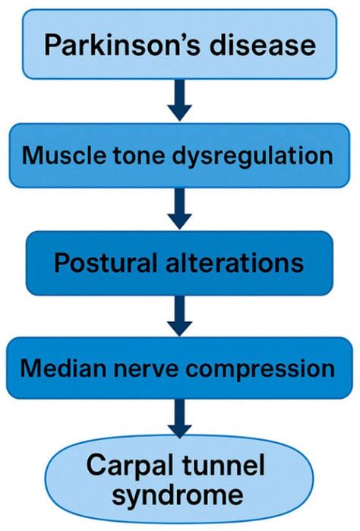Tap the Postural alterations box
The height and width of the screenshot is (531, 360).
click(179, 263)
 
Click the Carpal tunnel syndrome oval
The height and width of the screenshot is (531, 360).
click(179, 480)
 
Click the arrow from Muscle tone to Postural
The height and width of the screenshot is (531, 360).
click(179, 209)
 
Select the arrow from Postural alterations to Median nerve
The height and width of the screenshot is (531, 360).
click(179, 316)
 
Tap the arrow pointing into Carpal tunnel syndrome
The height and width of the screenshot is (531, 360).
click(179, 421)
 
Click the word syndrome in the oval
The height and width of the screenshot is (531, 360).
click(179, 497)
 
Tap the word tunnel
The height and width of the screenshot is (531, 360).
click(228, 465)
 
